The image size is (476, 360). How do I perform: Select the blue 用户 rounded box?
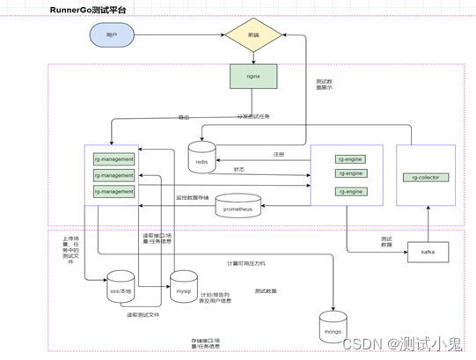coord(112,35)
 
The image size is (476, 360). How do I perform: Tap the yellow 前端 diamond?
coord(253,35)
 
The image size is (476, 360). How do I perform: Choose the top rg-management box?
coord(114,159)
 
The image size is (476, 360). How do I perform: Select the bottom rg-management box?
coord(114,191)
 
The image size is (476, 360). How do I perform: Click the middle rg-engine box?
coord(349,173)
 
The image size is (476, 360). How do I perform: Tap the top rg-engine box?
coord(349,158)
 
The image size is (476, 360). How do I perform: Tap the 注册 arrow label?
coord(279,154)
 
